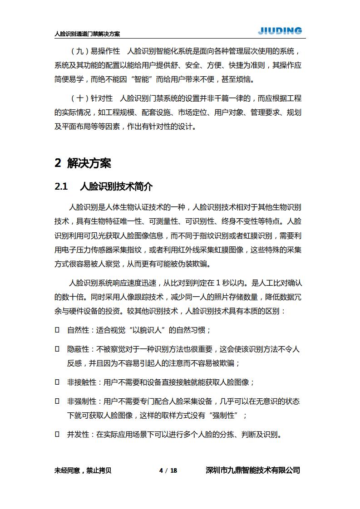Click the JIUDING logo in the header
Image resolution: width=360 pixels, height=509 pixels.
pyautogui.click(x=280, y=31)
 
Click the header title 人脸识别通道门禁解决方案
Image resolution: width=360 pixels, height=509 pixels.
pyautogui.click(x=87, y=34)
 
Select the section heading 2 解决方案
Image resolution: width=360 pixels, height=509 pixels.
pyautogui.click(x=83, y=163)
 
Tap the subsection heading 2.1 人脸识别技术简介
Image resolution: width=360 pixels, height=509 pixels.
pyautogui.click(x=104, y=187)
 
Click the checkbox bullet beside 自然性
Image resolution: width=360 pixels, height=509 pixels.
pyautogui.click(x=57, y=330)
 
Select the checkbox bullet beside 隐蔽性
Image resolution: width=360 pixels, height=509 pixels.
pyautogui.click(x=57, y=349)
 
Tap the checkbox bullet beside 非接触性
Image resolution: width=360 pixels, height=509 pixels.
pyautogui.click(x=57, y=382)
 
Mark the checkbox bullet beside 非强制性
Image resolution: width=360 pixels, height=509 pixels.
pyautogui.click(x=57, y=401)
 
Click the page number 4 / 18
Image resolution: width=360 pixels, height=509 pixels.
pyautogui.click(x=168, y=470)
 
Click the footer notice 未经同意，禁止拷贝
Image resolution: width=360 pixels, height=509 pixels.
pyautogui.click(x=83, y=470)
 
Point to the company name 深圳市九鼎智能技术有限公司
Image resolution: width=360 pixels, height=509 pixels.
pyautogui.click(x=253, y=470)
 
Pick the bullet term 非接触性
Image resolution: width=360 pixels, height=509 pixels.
pyautogui.click(x=82, y=382)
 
